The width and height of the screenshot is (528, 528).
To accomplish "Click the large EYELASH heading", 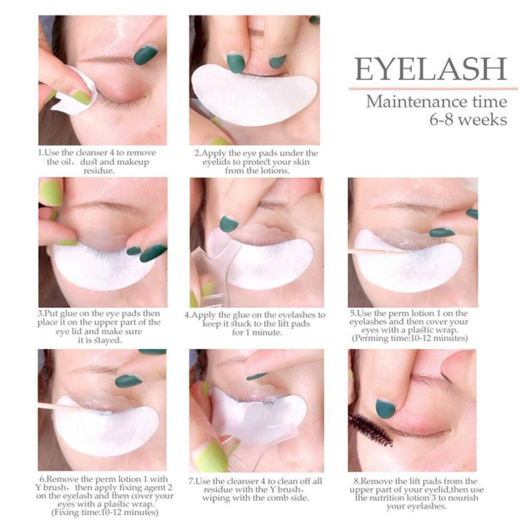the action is [431, 69].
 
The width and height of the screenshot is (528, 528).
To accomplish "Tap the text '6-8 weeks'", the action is [468, 119].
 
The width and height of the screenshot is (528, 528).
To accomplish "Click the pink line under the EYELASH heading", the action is [434, 89].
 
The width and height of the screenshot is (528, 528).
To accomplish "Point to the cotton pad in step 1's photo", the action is [77, 91].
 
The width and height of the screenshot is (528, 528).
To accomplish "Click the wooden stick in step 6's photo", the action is [59, 407].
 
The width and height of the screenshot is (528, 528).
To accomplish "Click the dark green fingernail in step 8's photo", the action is [385, 409].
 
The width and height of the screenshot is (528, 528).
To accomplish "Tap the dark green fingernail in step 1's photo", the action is [146, 55].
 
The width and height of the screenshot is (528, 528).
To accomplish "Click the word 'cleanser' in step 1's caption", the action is [90, 153].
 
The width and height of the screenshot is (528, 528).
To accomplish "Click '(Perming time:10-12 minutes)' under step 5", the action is [410, 338].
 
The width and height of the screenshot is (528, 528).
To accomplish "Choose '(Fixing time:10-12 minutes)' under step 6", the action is [105, 513].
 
